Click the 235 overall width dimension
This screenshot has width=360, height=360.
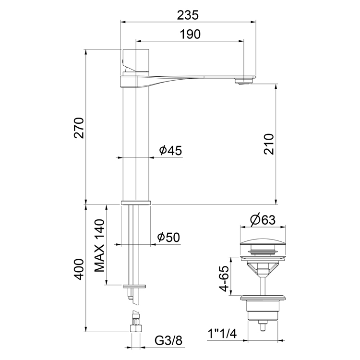[187, 15]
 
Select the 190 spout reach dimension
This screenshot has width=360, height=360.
[191, 34]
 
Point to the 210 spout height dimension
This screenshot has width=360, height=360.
[269, 144]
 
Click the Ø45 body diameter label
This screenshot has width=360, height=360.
[170, 151]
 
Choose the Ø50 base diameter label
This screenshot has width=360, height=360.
[168, 237]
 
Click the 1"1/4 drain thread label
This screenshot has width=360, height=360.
[222, 332]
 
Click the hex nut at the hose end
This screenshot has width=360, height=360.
[136, 329]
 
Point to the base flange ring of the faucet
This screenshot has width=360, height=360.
[136, 203]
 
